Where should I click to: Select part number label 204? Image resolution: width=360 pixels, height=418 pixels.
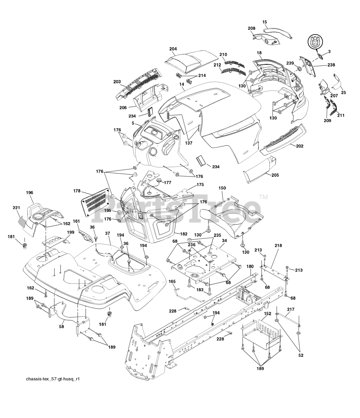tap(173, 49)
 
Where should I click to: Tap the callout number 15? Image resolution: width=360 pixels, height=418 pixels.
tap(265, 22)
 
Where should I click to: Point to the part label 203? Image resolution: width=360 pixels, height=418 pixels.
tap(108, 82)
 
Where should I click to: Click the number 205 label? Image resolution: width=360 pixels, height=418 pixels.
tap(275, 175)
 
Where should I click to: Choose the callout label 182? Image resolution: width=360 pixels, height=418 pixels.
tap(183, 234)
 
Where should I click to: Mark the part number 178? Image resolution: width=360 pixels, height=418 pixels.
tap(77, 191)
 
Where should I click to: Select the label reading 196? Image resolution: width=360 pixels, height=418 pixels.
tap(29, 193)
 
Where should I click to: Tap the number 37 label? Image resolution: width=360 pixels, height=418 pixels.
tap(107, 233)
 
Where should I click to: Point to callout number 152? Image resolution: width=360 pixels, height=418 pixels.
tap(267, 313)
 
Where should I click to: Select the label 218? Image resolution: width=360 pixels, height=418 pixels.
tap(278, 245)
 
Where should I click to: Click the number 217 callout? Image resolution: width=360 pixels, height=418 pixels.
tap(290, 309)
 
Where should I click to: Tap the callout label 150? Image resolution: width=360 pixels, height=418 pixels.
tap(222, 188)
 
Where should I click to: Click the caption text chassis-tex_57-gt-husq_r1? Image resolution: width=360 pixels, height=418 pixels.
tap(53, 379)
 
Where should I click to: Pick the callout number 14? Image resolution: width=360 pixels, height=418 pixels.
tap(182, 84)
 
